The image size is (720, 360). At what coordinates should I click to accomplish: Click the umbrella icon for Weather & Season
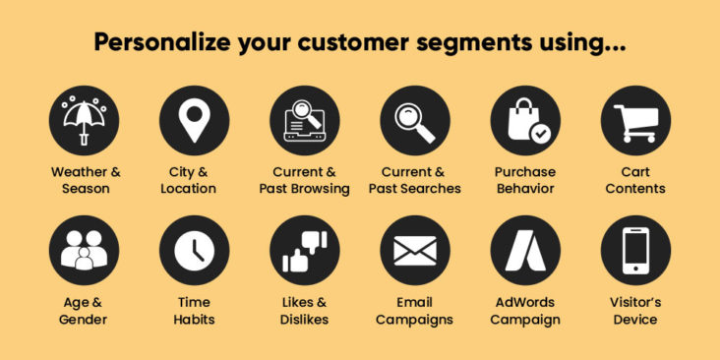click(85, 120)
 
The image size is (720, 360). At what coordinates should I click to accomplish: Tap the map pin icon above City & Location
click(194, 120)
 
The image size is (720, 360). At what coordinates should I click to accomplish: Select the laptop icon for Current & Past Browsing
click(304, 120)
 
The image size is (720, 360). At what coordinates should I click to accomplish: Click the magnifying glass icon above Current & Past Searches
click(414, 120)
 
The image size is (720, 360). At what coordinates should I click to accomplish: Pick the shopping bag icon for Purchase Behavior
click(524, 120)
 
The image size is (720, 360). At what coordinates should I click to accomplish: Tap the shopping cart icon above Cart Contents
click(635, 120)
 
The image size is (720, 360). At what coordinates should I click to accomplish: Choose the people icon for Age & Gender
click(85, 251)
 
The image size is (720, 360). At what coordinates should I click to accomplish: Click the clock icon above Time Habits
click(194, 251)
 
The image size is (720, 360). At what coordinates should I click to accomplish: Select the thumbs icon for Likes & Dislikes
click(304, 251)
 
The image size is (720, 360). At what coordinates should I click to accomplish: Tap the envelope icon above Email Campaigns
click(414, 251)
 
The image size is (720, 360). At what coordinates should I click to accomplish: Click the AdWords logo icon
click(524, 251)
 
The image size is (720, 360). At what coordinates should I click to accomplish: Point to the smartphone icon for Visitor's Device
click(635, 251)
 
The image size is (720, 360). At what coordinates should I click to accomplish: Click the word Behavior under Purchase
click(524, 189)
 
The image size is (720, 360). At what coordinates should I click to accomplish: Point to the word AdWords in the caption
click(524, 303)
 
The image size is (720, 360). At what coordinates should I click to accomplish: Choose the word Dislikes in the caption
click(304, 320)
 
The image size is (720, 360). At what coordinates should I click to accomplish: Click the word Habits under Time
click(194, 320)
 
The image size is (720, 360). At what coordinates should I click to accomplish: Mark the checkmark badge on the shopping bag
click(539, 132)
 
